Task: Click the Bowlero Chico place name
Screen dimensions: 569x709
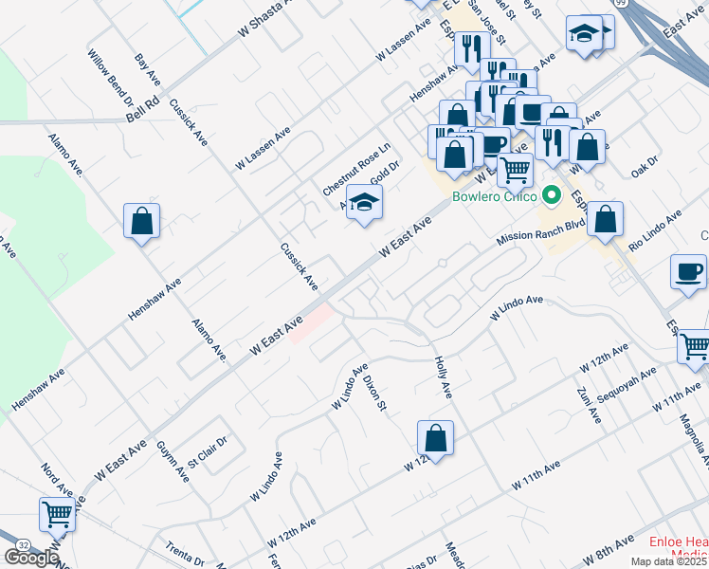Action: click(x=493, y=198)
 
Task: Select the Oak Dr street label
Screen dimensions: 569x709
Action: click(x=644, y=168)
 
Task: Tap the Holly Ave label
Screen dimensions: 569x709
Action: click(x=443, y=376)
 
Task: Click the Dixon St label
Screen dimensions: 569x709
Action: click(x=377, y=391)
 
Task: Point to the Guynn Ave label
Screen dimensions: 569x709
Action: click(x=173, y=461)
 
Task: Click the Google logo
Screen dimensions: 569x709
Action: click(x=31, y=558)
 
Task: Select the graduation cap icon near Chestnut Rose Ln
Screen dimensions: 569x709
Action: click(x=364, y=201)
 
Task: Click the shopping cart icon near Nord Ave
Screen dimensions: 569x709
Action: click(x=57, y=514)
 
